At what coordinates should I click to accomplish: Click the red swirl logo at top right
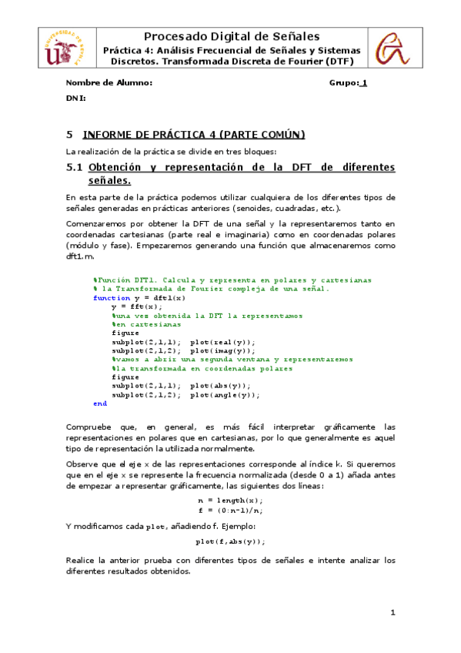(x=393, y=47)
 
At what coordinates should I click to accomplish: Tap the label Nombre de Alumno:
(x=109, y=82)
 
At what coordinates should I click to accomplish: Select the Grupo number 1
(x=364, y=82)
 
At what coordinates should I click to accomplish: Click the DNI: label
(x=75, y=99)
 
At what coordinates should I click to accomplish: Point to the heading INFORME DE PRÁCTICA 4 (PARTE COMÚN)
(x=193, y=135)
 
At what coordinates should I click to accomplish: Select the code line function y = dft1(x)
(x=139, y=297)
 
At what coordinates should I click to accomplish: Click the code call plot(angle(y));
(x=225, y=394)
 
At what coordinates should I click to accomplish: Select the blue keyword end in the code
(x=100, y=404)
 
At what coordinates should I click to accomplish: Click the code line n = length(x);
(x=230, y=500)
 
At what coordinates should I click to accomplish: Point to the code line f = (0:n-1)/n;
(x=230, y=509)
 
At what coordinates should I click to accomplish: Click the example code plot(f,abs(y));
(x=230, y=541)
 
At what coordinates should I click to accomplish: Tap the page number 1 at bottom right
(x=393, y=613)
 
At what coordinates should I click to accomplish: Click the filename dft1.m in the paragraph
(x=79, y=255)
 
